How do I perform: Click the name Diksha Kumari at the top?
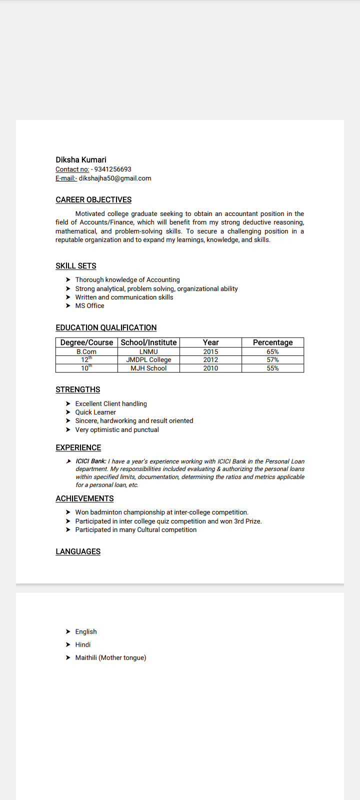click(81, 160)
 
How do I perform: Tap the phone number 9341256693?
click(112, 169)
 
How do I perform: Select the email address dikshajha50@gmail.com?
click(115, 178)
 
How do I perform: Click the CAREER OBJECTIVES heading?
click(93, 200)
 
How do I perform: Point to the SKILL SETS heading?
click(76, 266)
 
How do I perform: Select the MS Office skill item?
click(89, 306)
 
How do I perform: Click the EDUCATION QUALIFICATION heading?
click(106, 328)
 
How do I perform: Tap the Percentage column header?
click(272, 342)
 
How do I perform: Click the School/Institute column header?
click(148, 342)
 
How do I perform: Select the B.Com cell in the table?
click(86, 352)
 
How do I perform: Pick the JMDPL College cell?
click(148, 360)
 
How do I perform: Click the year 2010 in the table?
click(210, 368)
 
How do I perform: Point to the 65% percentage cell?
click(272, 352)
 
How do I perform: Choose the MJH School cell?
click(148, 368)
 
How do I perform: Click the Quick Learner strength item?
click(95, 412)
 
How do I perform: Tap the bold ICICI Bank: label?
click(91, 461)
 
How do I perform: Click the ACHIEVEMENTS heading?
click(84, 499)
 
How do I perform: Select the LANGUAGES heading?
click(78, 552)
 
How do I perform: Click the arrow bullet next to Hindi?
click(68, 645)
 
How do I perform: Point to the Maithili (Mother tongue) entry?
click(110, 658)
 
